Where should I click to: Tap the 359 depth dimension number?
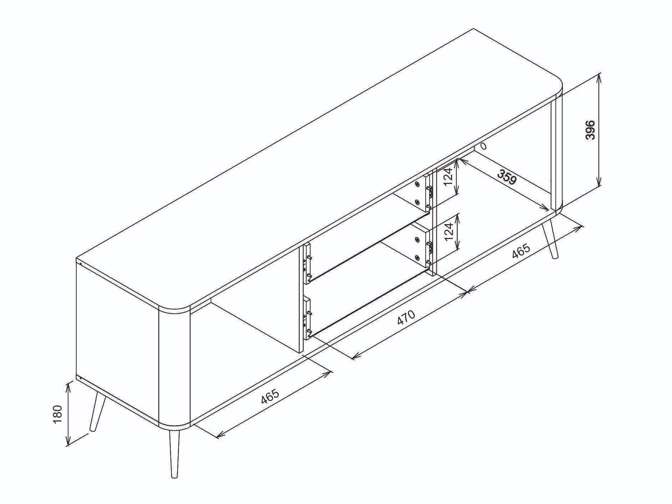coord(507,177)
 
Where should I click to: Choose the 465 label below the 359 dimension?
coord(521,252)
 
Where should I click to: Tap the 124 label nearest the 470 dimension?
coord(450,231)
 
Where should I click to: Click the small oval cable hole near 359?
coord(483,146)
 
